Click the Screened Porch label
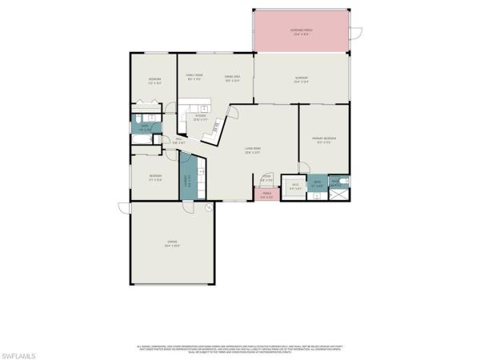click(302, 32)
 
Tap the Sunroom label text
click(301, 79)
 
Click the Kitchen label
click(200, 117)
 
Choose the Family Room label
click(194, 78)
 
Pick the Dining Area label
click(233, 78)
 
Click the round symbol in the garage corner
click(209, 207)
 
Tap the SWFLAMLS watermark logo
click(22, 350)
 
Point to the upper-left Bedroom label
click(155, 79)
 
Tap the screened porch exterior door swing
click(357, 34)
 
